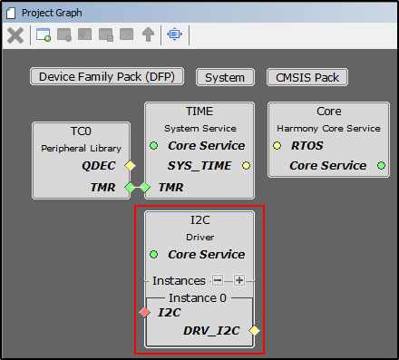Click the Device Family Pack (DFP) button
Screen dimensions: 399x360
[x=107, y=77]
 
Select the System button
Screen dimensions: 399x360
[x=225, y=77]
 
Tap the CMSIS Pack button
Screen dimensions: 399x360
[x=307, y=77]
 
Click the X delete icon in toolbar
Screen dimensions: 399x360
[x=15, y=35]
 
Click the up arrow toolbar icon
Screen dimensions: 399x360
[x=149, y=35]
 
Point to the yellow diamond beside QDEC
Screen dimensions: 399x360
[x=131, y=166]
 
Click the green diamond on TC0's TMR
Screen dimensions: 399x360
[x=130, y=188]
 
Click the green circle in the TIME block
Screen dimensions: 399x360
[x=154, y=146]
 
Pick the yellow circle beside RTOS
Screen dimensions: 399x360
[x=277, y=145]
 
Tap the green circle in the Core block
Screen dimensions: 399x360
[x=381, y=166]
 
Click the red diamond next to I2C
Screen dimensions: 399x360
[x=144, y=313]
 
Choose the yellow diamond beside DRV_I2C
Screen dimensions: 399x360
[x=255, y=330]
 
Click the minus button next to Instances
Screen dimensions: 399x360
[x=219, y=280]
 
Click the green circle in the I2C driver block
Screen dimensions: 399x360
[x=154, y=255]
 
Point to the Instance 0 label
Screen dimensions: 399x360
[x=199, y=297]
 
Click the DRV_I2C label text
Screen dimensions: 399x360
[x=210, y=330]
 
